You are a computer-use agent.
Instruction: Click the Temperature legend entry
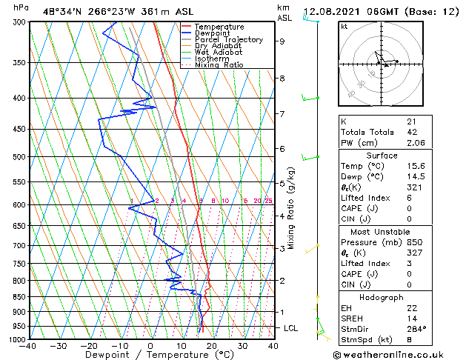(x=219, y=27)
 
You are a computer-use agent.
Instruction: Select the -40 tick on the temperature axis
(x=29, y=346)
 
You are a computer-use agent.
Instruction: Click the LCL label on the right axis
(x=292, y=327)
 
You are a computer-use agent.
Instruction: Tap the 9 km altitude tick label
(x=282, y=41)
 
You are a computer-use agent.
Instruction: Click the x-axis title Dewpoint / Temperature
(x=151, y=356)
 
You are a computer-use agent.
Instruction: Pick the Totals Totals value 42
(x=411, y=132)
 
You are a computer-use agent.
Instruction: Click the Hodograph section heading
(x=381, y=297)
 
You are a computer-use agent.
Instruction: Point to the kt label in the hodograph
(x=344, y=27)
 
